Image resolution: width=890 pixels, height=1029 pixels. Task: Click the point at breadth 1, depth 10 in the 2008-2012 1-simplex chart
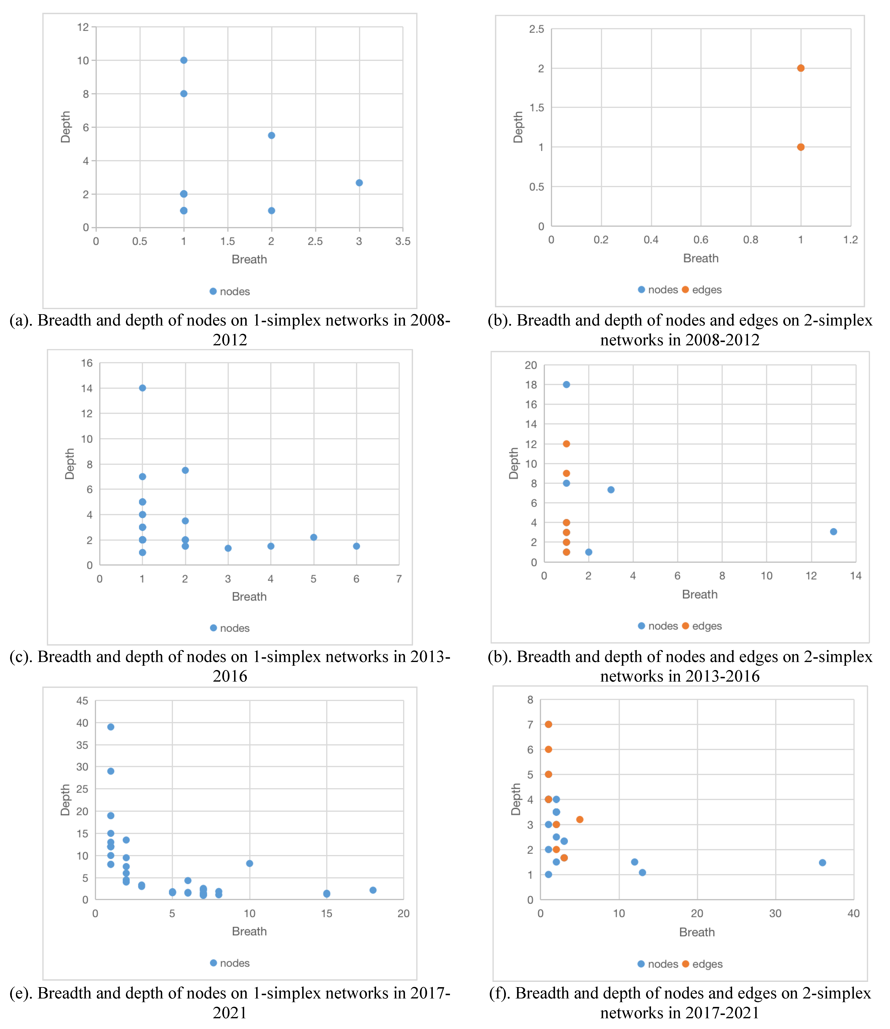pyautogui.click(x=183, y=60)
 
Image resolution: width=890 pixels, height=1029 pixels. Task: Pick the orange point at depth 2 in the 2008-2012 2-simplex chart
pyautogui.click(x=801, y=68)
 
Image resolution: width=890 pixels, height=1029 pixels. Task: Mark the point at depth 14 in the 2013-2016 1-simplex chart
pyautogui.click(x=142, y=388)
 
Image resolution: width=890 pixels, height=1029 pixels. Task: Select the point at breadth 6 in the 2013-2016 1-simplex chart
pyautogui.click(x=356, y=546)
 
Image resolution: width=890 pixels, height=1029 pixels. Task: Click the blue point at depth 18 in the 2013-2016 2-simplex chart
pyautogui.click(x=566, y=384)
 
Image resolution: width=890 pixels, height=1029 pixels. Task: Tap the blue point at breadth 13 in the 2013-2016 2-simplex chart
pyautogui.click(x=833, y=532)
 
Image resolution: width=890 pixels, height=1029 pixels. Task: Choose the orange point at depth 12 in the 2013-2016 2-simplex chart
pyautogui.click(x=566, y=444)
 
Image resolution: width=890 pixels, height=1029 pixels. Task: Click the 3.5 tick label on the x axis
pyautogui.click(x=402, y=241)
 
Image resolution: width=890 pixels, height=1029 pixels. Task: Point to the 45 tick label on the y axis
pyautogui.click(x=82, y=701)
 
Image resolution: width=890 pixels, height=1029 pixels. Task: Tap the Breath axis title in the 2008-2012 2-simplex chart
pyautogui.click(x=701, y=258)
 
